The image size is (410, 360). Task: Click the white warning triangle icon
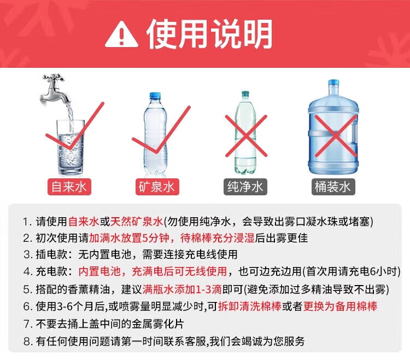click(x=121, y=34)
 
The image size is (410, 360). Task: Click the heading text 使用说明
click(x=209, y=34)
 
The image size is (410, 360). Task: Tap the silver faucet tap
click(x=55, y=89)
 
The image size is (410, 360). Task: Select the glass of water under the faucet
click(x=71, y=148)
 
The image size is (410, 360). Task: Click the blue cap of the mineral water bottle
click(x=155, y=96)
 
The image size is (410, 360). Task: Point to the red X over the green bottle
click(x=246, y=136)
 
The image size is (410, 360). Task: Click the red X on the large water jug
click(x=336, y=136)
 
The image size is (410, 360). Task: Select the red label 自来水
click(x=69, y=187)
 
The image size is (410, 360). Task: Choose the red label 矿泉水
click(x=157, y=187)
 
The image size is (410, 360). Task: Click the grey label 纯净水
click(x=245, y=187)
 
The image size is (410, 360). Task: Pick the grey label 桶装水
click(x=333, y=187)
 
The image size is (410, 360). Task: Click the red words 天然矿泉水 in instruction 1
click(x=137, y=222)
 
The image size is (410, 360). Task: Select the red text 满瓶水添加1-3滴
click(x=182, y=289)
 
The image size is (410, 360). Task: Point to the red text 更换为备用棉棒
click(x=340, y=306)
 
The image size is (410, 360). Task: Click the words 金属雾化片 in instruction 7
click(x=157, y=324)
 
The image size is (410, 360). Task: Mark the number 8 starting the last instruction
click(x=27, y=341)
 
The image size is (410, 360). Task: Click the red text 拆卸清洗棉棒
click(x=250, y=306)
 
